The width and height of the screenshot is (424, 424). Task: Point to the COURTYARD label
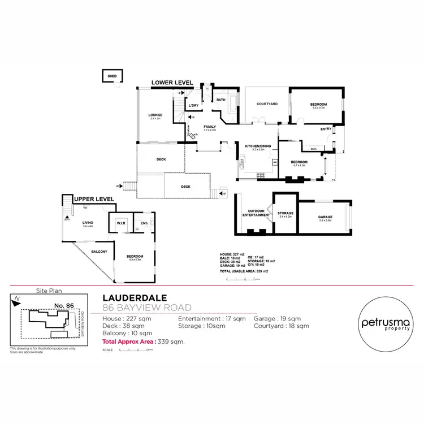266,104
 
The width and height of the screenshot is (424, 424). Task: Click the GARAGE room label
325,217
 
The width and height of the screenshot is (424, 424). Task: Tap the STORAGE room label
285,213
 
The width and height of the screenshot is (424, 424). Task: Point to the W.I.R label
120,223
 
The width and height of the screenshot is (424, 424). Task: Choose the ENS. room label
144,223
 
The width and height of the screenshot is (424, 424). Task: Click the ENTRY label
326,129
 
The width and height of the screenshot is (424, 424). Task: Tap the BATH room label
220,100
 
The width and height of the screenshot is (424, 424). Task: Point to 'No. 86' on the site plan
64,305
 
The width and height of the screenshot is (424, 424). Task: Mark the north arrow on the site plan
18,299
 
